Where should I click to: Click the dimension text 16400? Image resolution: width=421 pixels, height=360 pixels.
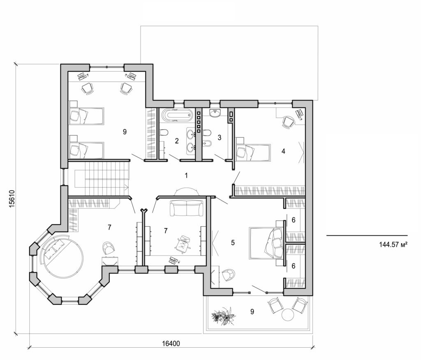pos(170,343)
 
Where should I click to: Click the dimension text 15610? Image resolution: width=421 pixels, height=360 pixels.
pos(12,200)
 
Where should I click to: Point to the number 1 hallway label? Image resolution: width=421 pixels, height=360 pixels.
pos(186,176)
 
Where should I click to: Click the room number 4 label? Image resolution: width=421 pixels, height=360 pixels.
pos(283,151)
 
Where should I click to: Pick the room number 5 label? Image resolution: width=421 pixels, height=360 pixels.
pos(233,243)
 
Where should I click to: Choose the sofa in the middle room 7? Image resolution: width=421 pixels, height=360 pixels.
pos(187,208)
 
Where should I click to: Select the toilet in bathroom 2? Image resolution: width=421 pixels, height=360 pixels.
pos(164,133)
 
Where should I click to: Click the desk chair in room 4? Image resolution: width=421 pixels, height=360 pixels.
pos(288,121)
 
